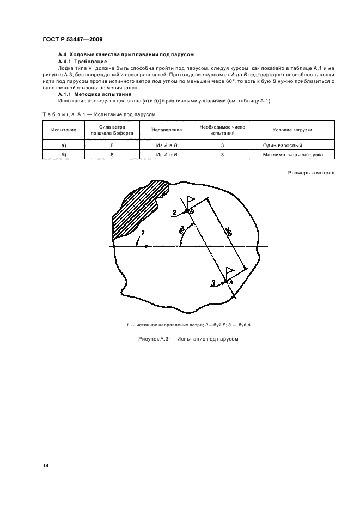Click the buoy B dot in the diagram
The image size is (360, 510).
[x=187, y=210]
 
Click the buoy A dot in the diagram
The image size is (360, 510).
[x=226, y=281]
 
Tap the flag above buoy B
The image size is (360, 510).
[x=190, y=200]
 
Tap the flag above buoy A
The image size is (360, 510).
[x=230, y=271]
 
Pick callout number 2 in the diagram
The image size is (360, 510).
[x=174, y=212]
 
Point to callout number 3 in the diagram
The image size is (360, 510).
[x=213, y=282]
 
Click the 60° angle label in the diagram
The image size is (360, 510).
[x=181, y=231]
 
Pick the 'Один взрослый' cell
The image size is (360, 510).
[x=289, y=146]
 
